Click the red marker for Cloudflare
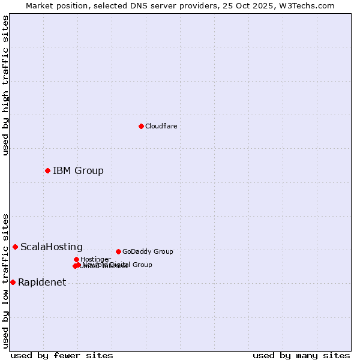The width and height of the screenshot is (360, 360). (x=141, y=126)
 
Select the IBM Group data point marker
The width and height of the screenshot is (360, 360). (x=47, y=170)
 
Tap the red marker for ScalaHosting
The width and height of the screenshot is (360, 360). (x=15, y=247)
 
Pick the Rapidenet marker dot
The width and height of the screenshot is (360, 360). (x=13, y=282)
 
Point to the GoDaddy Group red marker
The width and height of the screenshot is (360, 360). (x=118, y=251)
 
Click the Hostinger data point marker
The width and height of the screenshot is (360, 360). (x=76, y=259)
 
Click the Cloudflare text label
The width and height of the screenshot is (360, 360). (x=161, y=126)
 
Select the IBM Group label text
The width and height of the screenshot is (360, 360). (x=78, y=170)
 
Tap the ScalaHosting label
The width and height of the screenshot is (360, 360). (x=52, y=247)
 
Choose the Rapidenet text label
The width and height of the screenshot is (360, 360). (x=42, y=282)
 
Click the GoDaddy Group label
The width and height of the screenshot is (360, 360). (x=147, y=251)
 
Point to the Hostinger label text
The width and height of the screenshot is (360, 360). (x=95, y=259)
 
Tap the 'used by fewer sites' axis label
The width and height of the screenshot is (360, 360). (x=62, y=355)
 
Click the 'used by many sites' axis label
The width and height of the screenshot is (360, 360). (x=301, y=355)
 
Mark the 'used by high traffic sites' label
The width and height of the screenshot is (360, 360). (x=5, y=85)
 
